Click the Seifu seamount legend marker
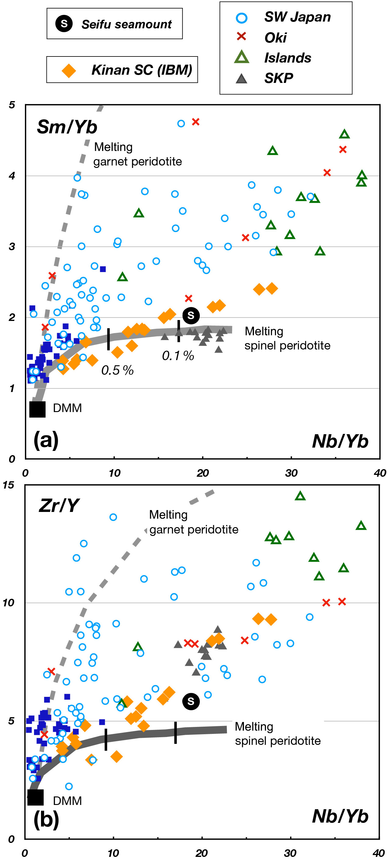pos(64,24)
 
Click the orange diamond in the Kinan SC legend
pos(69,70)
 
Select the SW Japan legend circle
pos(241,18)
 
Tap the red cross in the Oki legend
pos(241,37)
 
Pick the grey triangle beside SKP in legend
pos(241,79)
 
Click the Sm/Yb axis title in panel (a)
pos(67,127)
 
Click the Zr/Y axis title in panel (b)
pos(59,505)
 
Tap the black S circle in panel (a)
pos(191,315)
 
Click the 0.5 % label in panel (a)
pos(118,370)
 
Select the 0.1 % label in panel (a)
pos(178,356)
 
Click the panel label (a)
pos(46,440)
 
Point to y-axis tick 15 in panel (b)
pos(9,485)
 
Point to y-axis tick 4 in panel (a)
pos(12,176)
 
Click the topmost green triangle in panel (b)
pos(300,496)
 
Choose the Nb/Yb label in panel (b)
pos(340,816)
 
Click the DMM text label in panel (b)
pos(67,801)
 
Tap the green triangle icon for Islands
pos(241,57)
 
